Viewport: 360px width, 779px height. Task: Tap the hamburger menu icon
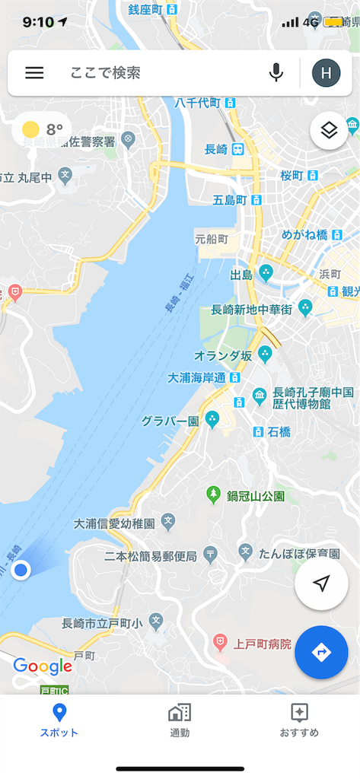[34, 73]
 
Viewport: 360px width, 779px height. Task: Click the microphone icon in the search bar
[276, 73]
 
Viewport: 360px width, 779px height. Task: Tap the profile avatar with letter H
[326, 73]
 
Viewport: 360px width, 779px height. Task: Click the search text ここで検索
[106, 73]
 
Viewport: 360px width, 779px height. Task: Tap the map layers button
[329, 131]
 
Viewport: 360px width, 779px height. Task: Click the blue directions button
[321, 653]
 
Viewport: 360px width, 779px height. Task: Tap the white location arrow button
[321, 583]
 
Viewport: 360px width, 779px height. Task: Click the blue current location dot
[21, 570]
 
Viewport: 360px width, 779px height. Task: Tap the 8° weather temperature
[53, 130]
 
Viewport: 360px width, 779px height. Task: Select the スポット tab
[59, 720]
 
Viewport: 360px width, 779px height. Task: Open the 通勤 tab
[180, 720]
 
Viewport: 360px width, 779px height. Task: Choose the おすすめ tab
[299, 720]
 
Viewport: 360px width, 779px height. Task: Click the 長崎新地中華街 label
[251, 309]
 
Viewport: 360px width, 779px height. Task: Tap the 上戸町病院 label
[263, 644]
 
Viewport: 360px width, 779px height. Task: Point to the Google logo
[43, 667]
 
